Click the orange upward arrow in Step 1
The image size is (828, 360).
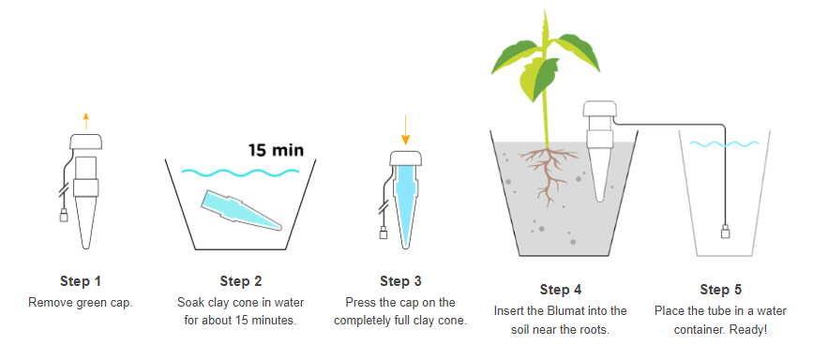(x=86, y=122)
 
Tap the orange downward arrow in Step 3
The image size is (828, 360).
(x=405, y=130)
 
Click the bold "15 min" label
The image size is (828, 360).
(x=277, y=150)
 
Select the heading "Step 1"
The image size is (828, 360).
(x=81, y=281)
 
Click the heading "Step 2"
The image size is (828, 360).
(x=241, y=281)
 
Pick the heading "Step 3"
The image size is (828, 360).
(x=400, y=281)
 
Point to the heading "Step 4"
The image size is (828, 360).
(x=561, y=290)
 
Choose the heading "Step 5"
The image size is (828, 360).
(x=721, y=290)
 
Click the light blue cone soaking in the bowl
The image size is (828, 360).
(x=240, y=210)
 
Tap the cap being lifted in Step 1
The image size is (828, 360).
(x=86, y=142)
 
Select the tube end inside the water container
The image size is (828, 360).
(x=726, y=232)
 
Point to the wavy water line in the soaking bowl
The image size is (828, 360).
(x=240, y=172)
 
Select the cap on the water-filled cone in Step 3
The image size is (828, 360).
(x=405, y=158)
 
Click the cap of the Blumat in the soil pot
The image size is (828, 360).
(x=600, y=110)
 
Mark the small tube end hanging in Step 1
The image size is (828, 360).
(x=64, y=216)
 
